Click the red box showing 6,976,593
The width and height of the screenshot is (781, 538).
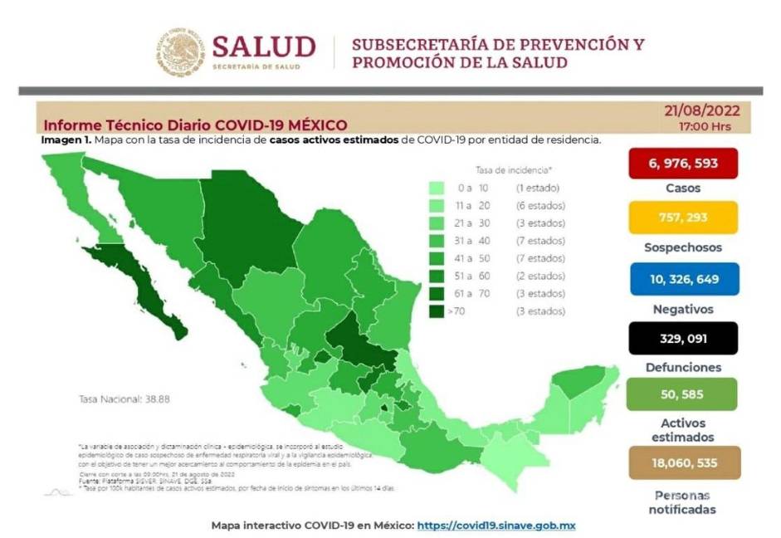tap(683, 164)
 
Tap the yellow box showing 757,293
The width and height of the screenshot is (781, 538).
tap(683, 218)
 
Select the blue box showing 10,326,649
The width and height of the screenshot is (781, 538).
tap(683, 280)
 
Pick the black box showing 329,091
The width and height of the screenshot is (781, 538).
tap(683, 338)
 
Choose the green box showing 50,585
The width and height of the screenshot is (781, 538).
tap(683, 394)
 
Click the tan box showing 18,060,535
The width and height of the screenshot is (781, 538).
tap(683, 462)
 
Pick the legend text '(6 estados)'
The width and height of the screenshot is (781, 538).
tap(539, 205)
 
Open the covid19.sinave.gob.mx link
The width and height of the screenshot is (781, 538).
tap(496, 526)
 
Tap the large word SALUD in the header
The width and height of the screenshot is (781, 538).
tap(264, 46)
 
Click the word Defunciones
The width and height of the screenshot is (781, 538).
tap(683, 367)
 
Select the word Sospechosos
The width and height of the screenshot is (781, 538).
tap(683, 247)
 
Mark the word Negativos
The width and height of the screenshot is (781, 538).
tap(683, 309)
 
